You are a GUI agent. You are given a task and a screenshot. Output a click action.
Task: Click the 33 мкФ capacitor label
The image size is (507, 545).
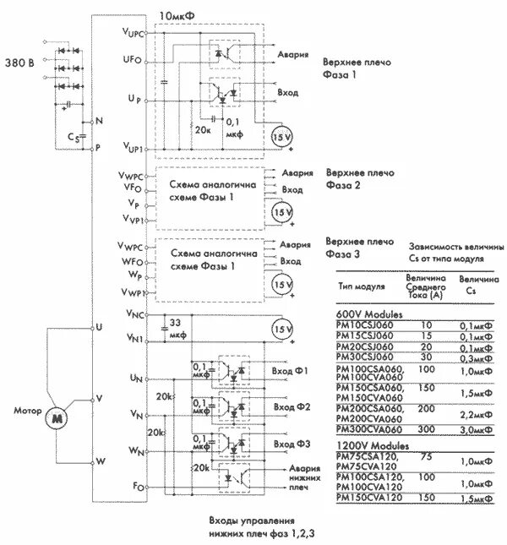pyautogui.click(x=179, y=329)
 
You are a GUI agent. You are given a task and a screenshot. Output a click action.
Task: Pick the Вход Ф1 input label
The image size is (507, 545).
pyautogui.click(x=291, y=372)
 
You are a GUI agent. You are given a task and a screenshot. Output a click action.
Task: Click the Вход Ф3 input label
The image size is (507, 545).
pyautogui.click(x=291, y=444)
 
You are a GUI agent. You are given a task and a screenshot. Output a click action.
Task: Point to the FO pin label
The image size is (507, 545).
pyautogui.click(x=137, y=487)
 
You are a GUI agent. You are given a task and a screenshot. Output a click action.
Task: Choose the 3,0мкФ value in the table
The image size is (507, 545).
pyautogui.click(x=476, y=429)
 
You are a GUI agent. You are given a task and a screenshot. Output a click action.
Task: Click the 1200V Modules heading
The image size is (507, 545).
pyautogui.click(x=372, y=444)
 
